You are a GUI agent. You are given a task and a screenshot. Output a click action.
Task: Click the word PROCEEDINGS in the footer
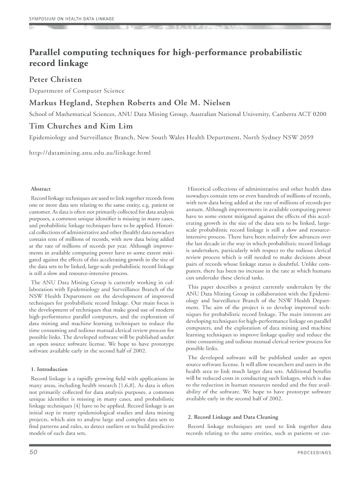click(x=314, y=453)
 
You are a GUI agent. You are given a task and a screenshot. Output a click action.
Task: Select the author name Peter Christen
click(x=56, y=79)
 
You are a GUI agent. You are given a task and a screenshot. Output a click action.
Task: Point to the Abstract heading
click(x=41, y=189)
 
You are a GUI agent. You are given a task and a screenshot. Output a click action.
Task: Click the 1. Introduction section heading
click(x=49, y=369)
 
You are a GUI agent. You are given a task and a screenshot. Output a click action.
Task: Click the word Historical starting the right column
click(x=201, y=188)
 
